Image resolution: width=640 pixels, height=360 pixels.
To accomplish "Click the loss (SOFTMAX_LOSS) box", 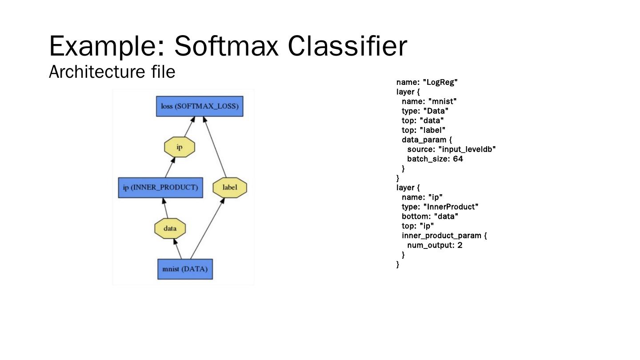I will (x=200, y=106).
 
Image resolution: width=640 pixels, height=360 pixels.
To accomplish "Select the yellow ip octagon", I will (x=180, y=147).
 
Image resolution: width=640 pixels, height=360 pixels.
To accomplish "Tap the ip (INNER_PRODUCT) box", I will (x=160, y=188).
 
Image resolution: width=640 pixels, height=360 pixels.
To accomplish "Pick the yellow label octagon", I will (x=230, y=188).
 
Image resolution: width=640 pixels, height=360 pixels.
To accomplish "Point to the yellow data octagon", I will (x=170, y=228).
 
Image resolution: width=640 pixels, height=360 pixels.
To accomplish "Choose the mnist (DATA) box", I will (x=185, y=269).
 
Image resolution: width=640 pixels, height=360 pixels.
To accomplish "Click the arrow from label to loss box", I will (x=215, y=147).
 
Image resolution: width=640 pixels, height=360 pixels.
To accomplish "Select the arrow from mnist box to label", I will (x=207, y=228).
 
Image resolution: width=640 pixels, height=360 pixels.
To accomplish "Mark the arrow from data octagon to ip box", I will (x=165, y=208).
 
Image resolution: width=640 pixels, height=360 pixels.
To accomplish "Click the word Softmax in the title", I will (x=227, y=46).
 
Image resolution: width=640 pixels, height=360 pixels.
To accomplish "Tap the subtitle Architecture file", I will (x=112, y=72).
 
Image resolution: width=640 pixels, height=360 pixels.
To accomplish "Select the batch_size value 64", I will (x=458, y=159).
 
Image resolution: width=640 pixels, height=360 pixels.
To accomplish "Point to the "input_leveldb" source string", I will (x=467, y=149).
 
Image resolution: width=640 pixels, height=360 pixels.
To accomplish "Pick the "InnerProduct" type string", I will (x=451, y=207).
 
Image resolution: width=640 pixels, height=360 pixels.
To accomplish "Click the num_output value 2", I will (x=460, y=245).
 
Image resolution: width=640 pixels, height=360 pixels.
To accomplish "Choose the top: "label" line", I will (x=424, y=130).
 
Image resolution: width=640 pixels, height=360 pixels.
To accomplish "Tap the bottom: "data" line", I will (x=430, y=216).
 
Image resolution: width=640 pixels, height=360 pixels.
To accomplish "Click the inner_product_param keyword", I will (x=441, y=236).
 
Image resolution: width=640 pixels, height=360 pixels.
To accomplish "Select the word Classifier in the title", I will (x=347, y=46).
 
